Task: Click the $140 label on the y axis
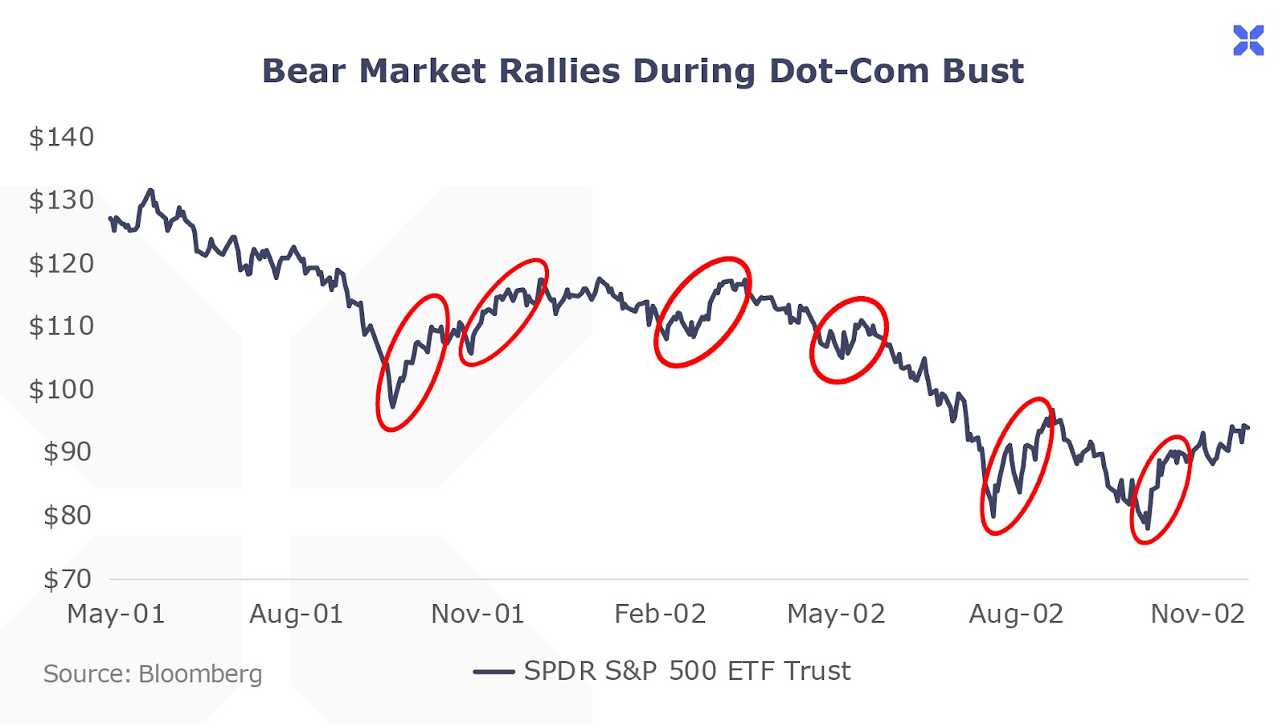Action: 61,138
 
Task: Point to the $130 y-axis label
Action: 61,200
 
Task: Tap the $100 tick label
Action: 61,390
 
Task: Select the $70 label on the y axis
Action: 68,579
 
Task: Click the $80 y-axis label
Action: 68,516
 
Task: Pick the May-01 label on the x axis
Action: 116,615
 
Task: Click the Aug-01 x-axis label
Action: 296,615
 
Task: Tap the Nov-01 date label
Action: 477,615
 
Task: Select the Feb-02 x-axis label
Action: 660,615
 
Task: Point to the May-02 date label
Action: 836,615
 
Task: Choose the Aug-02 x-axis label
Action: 1016,615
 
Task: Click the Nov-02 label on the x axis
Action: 1198,615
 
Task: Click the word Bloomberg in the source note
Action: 200,674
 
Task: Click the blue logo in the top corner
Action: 1248,40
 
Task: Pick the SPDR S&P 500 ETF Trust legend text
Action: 687,671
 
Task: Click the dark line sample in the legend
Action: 494,672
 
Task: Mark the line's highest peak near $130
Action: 149,191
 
